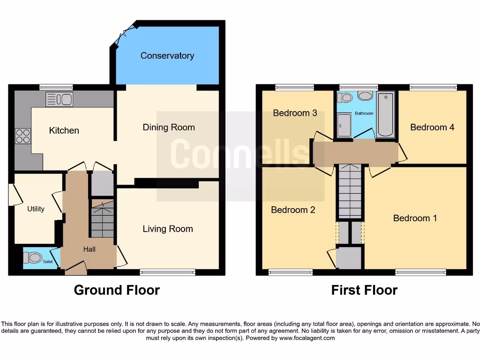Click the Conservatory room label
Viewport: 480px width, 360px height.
167,56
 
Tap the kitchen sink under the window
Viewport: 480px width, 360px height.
59,99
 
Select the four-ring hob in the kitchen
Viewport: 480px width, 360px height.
23,136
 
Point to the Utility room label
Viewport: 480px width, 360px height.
36,209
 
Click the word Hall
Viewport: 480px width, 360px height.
89,249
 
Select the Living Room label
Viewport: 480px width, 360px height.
168,229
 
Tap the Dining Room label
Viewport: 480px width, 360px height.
168,127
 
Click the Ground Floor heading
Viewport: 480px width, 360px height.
117,290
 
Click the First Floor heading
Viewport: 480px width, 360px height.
364,290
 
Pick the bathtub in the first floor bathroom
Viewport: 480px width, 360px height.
386,115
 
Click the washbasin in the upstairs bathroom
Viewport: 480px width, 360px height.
365,96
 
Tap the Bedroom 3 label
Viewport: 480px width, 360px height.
295,113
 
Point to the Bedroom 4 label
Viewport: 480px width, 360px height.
432,127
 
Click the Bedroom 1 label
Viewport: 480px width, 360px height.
414,218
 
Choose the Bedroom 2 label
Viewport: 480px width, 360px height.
293,210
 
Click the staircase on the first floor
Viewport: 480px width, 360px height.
350,192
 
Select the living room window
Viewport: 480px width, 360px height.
167,272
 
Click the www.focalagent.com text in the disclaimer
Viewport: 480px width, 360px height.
307,338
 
